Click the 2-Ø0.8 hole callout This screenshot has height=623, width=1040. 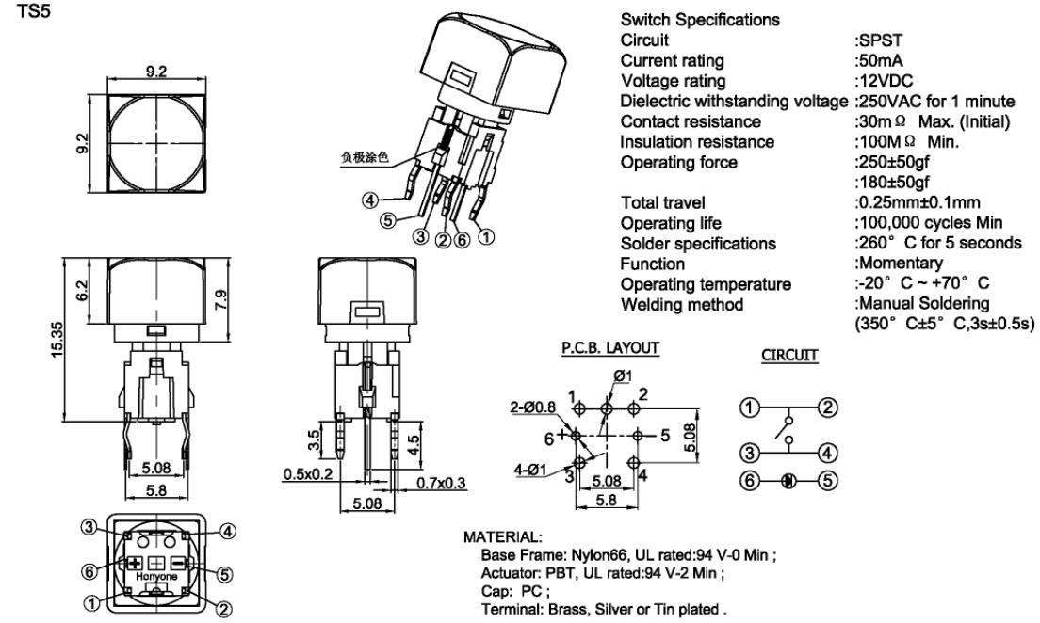pos(534,407)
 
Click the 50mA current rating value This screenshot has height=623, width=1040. pos(878,61)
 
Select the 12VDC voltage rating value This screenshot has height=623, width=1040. pos(883,81)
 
